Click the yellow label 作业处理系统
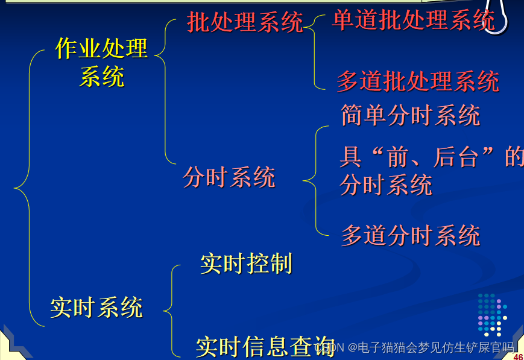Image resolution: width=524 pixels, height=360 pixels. (x=101, y=62)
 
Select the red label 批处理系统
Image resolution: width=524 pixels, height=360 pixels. (x=245, y=23)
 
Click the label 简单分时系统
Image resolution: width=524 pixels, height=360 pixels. (x=410, y=115)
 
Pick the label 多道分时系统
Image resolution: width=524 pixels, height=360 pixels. (x=410, y=235)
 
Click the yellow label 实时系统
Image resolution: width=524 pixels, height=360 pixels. (x=96, y=308)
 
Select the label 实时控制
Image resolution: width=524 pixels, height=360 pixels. (x=246, y=264)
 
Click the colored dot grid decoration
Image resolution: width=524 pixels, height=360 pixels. (x=492, y=314)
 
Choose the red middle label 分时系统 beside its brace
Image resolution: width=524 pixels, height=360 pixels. (x=229, y=178)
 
